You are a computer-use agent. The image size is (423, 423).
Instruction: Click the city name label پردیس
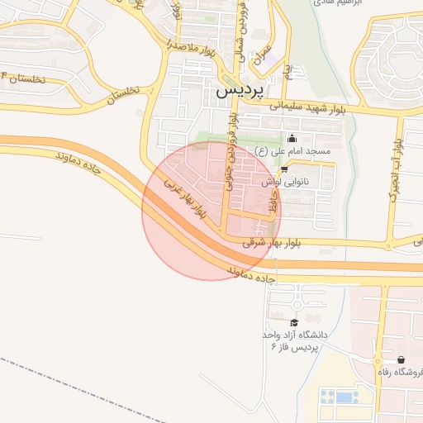243,92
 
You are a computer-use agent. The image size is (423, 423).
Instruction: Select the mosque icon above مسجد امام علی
291,139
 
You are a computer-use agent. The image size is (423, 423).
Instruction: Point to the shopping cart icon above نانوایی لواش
284,169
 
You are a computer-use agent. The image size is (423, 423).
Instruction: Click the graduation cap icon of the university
294,322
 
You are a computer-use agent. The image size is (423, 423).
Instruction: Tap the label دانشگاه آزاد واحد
295,335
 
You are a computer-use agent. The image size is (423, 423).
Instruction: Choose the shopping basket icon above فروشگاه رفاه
401,360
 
